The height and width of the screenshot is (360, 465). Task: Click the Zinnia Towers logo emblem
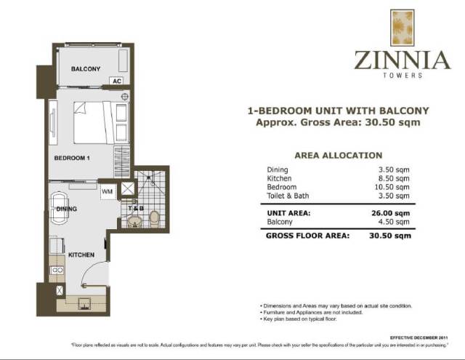coord(401,28)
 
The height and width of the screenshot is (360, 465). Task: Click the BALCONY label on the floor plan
coord(85,69)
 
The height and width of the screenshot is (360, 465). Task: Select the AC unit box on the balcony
coord(117,81)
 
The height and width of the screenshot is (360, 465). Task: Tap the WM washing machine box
coord(108,192)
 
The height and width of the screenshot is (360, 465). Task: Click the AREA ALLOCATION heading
coord(338,156)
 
